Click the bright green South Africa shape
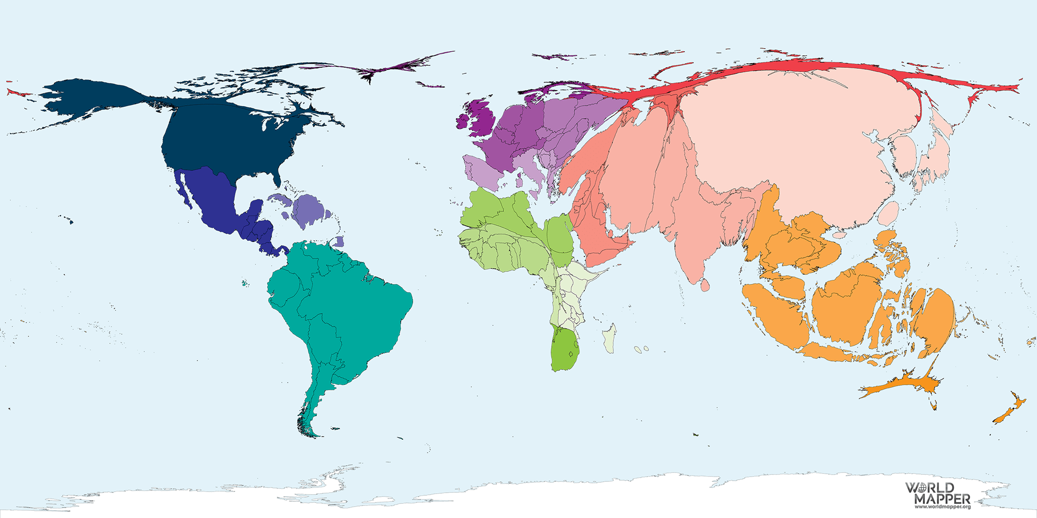(x=563, y=350)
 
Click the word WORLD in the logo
(x=929, y=488)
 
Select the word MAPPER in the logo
(x=942, y=499)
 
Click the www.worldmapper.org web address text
(x=942, y=507)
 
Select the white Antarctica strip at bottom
(x=518, y=500)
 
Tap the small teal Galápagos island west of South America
(x=244, y=283)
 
